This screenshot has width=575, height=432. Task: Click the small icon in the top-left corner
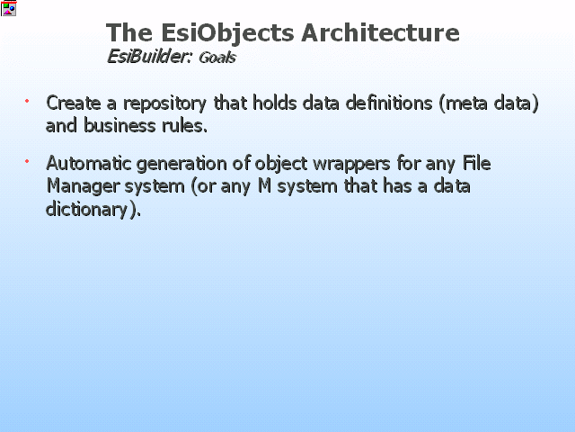click(8, 8)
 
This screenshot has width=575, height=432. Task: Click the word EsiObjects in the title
click(227, 33)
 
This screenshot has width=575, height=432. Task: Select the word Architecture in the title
click(380, 32)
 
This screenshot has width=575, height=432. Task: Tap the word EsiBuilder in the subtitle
click(149, 57)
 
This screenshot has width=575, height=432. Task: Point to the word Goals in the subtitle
click(217, 58)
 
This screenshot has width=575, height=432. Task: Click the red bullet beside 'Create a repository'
click(27, 101)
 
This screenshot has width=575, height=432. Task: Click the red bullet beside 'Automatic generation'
click(27, 161)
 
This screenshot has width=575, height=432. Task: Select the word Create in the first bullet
click(74, 103)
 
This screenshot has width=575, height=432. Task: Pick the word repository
click(164, 104)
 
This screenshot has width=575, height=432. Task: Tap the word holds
click(274, 103)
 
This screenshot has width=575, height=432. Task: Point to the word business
click(119, 125)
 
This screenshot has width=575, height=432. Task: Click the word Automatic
click(88, 163)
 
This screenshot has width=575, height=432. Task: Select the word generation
click(181, 164)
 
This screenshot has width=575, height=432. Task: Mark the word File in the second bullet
click(476, 163)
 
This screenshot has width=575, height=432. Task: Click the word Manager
click(84, 186)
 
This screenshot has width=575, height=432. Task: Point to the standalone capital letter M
click(265, 185)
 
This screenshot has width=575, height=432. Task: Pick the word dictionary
click(86, 210)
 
